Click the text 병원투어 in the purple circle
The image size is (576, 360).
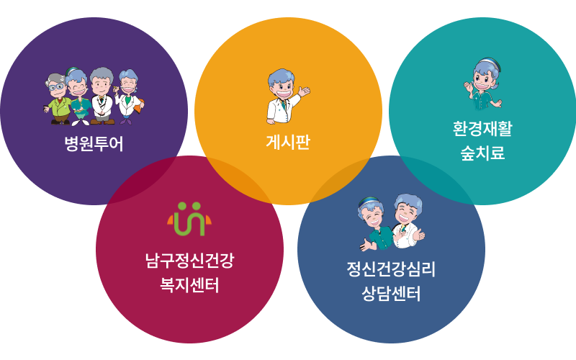pyautogui.click(x=94, y=143)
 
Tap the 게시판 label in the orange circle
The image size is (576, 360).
pyautogui.click(x=288, y=142)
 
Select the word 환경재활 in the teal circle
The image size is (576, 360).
pyautogui.click(x=482, y=129)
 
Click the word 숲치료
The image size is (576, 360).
pyautogui.click(x=482, y=153)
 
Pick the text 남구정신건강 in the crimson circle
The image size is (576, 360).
pyautogui.click(x=189, y=261)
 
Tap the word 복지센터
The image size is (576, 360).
pyautogui.click(x=189, y=285)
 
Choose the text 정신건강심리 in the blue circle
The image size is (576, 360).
pyautogui.click(x=391, y=269)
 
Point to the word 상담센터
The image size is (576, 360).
pyautogui.click(x=391, y=294)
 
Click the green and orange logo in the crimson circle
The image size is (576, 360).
pyautogui.click(x=189, y=219)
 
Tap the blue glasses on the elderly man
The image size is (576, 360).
pyautogui.click(x=56, y=87)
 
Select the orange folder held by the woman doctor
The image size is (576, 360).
pyautogui.click(x=139, y=106)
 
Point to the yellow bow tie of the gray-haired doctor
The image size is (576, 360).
pyautogui.click(x=101, y=97)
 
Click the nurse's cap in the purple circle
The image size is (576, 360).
pyautogui.click(x=71, y=71)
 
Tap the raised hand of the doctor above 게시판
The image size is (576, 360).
pyautogui.click(x=304, y=91)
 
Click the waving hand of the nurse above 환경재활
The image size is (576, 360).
pyautogui.click(x=469, y=88)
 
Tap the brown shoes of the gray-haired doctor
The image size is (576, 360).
pyautogui.click(x=102, y=122)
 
